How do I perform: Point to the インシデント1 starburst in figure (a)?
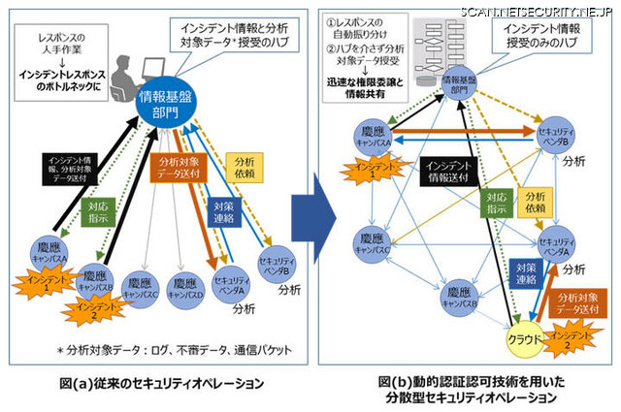40,283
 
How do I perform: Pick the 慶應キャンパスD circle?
182,285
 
